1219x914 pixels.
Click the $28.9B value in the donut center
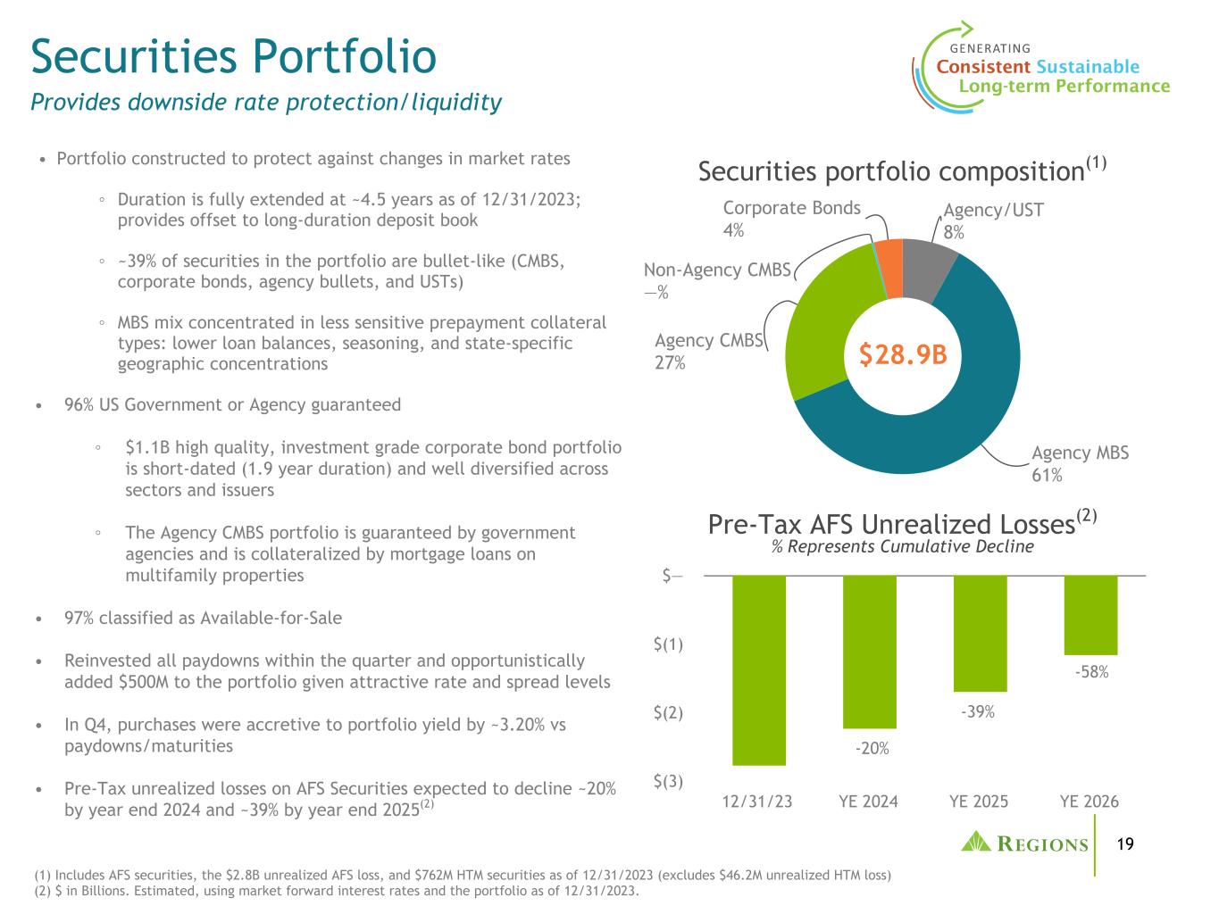coord(903,354)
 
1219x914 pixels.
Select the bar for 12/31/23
coord(758,670)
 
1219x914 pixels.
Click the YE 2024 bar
coord(869,652)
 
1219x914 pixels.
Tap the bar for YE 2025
coord(980,634)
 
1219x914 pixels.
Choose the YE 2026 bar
coord(1090,616)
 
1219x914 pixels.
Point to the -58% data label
coord(1091,672)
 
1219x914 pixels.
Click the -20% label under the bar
coord(872,749)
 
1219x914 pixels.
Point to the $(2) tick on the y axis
coord(668,712)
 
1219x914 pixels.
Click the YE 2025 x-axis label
coord(978,802)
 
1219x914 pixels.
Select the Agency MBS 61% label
coord(1080,463)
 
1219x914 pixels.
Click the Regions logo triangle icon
coord(975,842)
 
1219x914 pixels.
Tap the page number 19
coord(1124,844)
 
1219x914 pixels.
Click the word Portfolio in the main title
coord(345,56)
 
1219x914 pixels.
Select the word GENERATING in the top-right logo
coord(990,49)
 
